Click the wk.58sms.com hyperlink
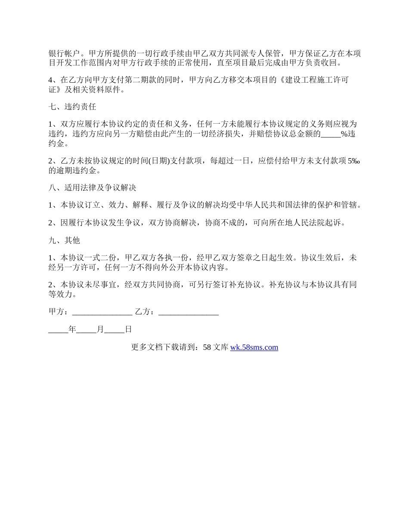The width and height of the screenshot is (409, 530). click(254, 347)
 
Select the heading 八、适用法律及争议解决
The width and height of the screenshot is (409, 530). click(93, 187)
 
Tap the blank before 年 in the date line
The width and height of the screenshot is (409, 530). click(58, 330)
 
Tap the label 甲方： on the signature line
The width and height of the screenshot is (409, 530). click(59, 312)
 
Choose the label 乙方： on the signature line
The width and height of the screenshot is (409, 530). click(146, 312)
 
